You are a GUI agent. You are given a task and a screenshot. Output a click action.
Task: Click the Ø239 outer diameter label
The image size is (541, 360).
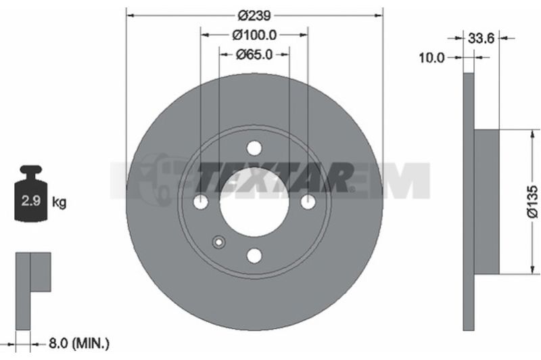[255, 16]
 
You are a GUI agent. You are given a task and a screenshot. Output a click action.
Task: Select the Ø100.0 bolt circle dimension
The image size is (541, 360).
[254, 35]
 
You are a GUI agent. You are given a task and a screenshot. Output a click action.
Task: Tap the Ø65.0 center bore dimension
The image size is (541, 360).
[254, 54]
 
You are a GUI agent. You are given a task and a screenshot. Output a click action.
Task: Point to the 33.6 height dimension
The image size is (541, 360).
[481, 38]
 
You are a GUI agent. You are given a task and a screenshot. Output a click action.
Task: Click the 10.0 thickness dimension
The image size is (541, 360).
[431, 58]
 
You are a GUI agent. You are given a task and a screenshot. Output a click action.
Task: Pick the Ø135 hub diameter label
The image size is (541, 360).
[532, 202]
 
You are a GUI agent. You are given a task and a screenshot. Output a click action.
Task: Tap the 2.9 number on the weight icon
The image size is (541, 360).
[31, 200]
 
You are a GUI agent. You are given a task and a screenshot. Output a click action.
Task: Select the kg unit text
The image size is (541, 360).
[59, 202]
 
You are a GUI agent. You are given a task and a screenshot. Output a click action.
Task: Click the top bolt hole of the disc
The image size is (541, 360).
[254, 148]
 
